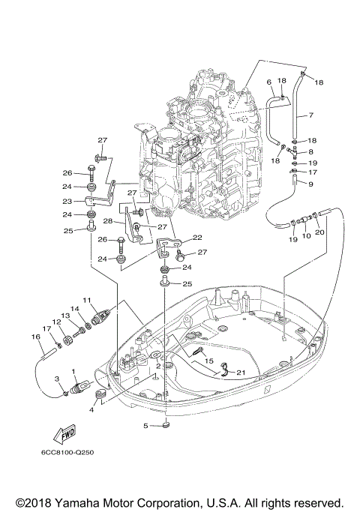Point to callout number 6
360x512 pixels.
point(268,82)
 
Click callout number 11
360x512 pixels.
point(87,300)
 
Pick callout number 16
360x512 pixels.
point(34,337)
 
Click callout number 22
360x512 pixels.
point(197,238)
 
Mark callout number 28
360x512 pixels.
point(108,222)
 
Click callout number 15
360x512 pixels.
point(199,361)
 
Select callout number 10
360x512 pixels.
point(306,235)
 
